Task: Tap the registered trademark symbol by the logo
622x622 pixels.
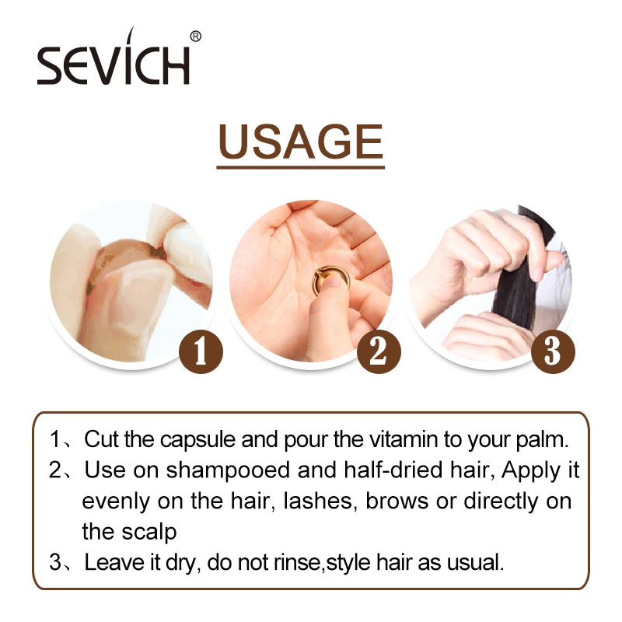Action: (195, 36)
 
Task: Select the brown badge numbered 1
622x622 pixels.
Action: (201, 351)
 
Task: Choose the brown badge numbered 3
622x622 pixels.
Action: (552, 351)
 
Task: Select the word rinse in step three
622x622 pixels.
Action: (298, 562)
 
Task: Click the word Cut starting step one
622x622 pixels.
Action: (100, 439)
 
